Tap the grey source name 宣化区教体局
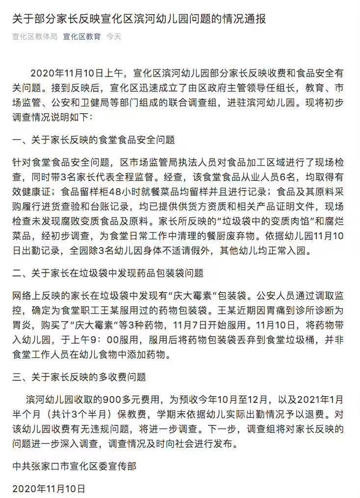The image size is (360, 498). coord(34,37)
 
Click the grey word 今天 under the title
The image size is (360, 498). coord(114,37)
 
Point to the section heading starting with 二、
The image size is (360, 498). coord(107,273)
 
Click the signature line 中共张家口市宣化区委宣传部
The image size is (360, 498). coord(74,466)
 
